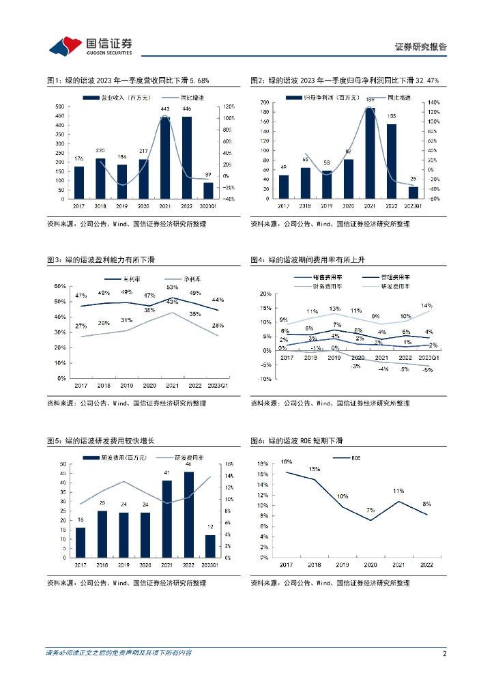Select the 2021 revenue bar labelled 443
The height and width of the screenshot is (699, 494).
click(165, 158)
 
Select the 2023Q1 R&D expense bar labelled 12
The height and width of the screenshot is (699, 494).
click(210, 546)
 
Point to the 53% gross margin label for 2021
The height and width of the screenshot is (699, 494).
click(172, 288)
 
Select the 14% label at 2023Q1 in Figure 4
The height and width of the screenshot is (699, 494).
click(426, 306)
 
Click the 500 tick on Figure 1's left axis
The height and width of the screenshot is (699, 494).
click(60, 106)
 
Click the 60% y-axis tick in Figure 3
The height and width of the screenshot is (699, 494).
click(61, 287)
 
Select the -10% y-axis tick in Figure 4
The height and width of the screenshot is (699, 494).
click(265, 379)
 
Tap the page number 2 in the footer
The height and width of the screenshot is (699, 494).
click(444, 654)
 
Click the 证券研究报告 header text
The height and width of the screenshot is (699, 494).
click(421, 47)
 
